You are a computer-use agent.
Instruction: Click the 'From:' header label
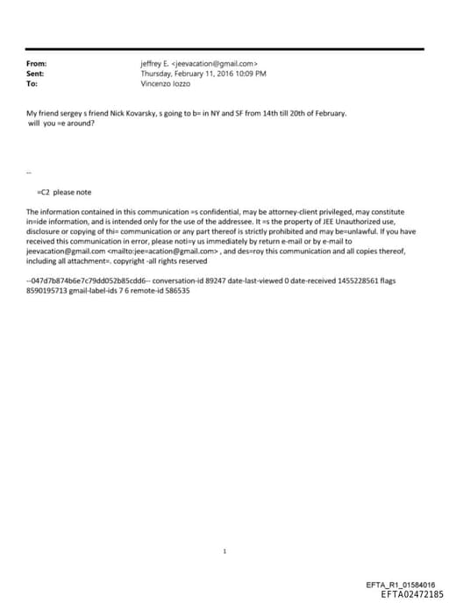click(37, 64)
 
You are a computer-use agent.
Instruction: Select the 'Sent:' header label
click(36, 74)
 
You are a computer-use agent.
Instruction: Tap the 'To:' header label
click(32, 85)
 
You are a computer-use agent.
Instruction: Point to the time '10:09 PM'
click(250, 74)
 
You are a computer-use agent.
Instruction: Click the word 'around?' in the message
click(78, 124)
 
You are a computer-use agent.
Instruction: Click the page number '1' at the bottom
click(224, 551)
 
